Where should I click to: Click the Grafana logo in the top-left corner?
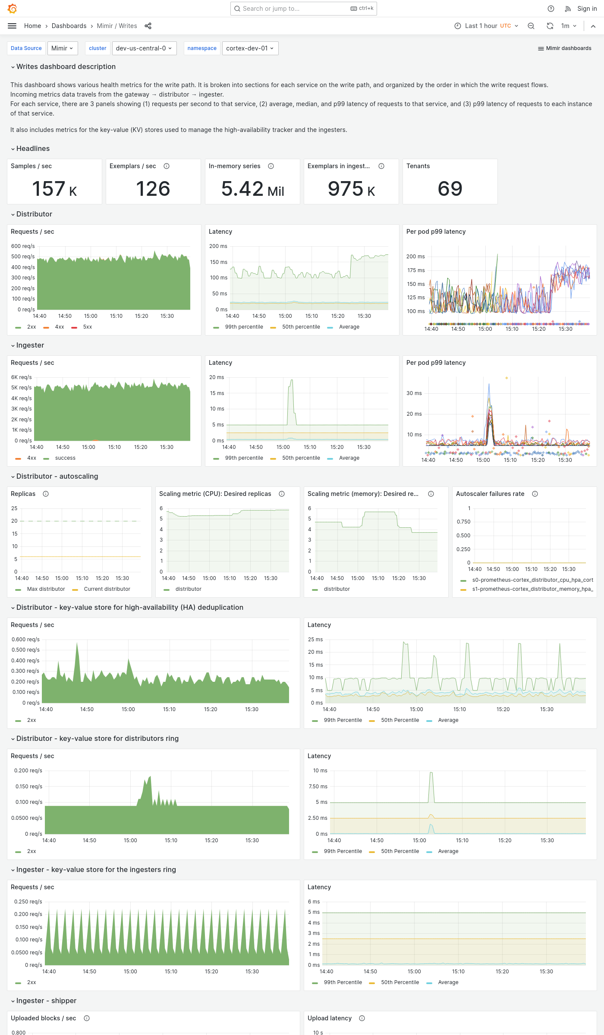(13, 8)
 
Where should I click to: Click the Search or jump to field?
(298, 9)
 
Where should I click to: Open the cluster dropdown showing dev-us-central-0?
(143, 48)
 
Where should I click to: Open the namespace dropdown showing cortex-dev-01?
(250, 48)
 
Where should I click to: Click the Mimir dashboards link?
(565, 48)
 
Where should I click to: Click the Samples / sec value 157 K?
(54, 189)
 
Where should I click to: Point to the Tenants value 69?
(450, 189)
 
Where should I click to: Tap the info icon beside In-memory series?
(271, 166)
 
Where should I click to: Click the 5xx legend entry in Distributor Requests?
(87, 327)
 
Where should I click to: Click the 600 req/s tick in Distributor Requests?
(23, 246)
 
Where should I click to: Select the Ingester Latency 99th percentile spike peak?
(292, 380)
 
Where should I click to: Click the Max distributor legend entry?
(46, 589)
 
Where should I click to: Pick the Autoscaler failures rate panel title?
(490, 494)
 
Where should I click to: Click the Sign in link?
(587, 9)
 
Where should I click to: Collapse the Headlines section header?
(33, 149)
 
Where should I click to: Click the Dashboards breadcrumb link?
(69, 26)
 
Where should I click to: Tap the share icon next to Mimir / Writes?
(148, 26)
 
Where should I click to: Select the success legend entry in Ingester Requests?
(65, 458)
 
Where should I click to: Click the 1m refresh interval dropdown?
(568, 26)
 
